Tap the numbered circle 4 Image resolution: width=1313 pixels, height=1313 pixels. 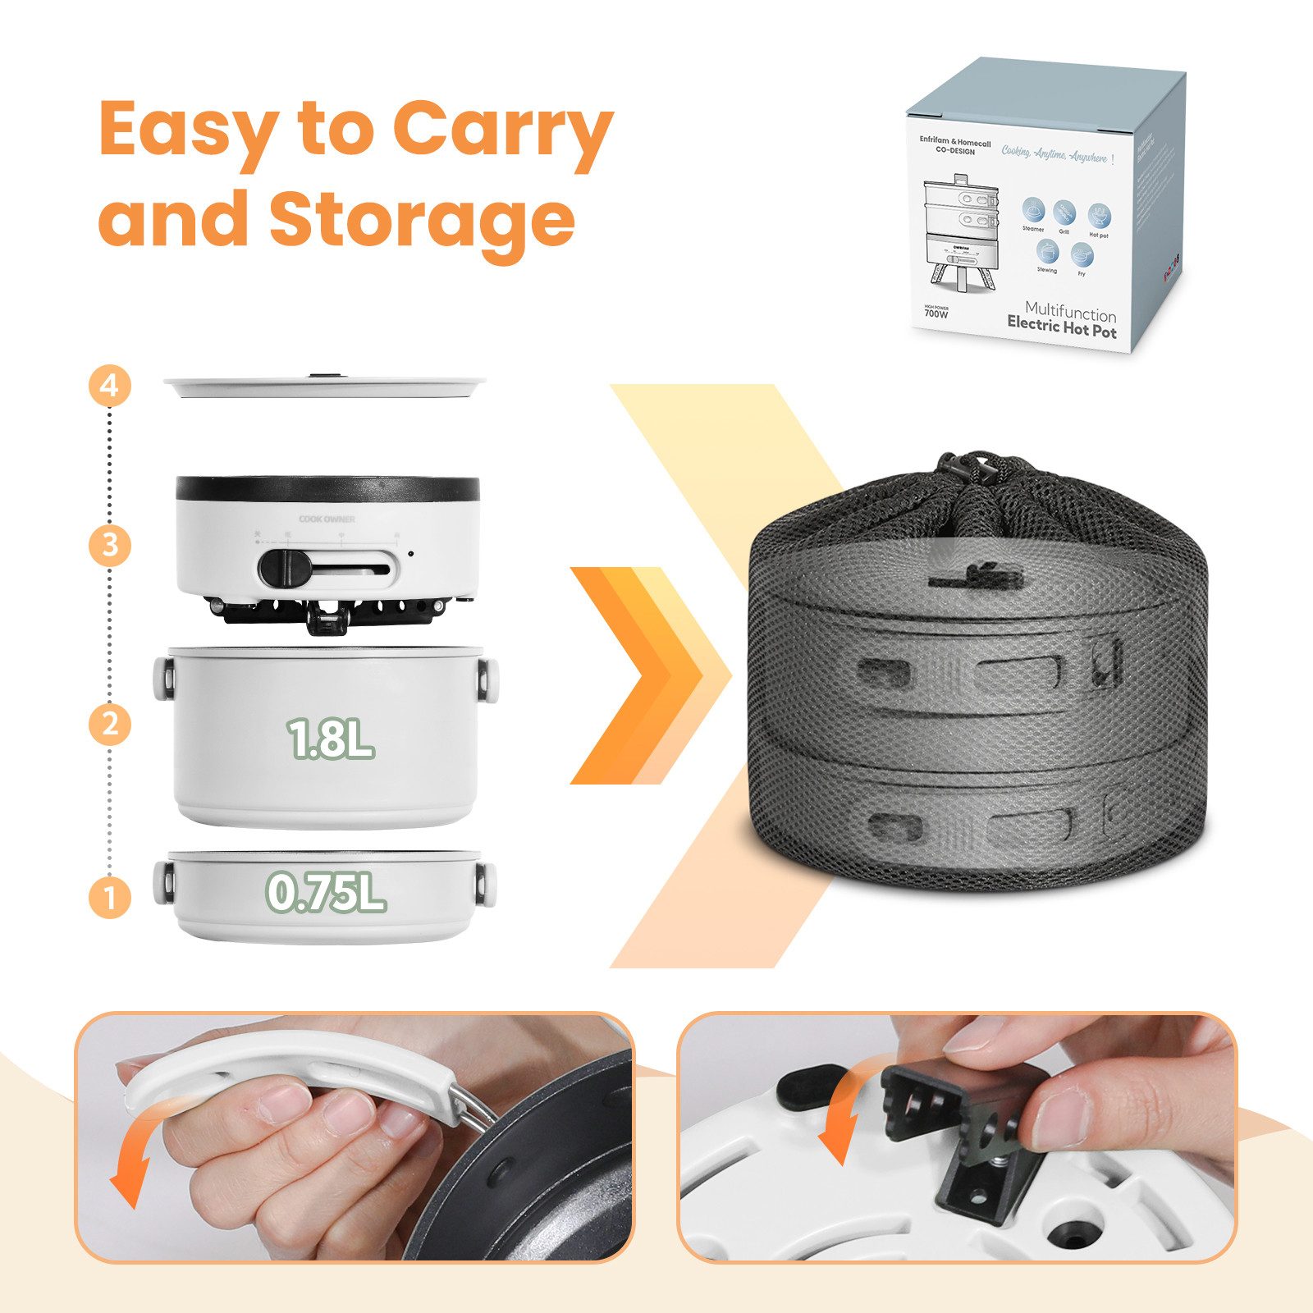tap(110, 386)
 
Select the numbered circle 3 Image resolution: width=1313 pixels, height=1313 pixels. tap(110, 545)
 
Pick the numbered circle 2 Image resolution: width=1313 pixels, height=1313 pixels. tap(110, 725)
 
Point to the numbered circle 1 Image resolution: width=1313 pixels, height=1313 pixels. tap(110, 897)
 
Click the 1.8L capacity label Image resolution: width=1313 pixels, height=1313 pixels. tap(330, 739)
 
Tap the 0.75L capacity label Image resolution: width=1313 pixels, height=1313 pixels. tap(327, 892)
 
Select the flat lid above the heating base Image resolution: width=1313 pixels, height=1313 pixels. tap(325, 386)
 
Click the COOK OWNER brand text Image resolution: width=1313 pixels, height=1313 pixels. tap(327, 519)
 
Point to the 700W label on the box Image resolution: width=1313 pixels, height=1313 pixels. tap(936, 313)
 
